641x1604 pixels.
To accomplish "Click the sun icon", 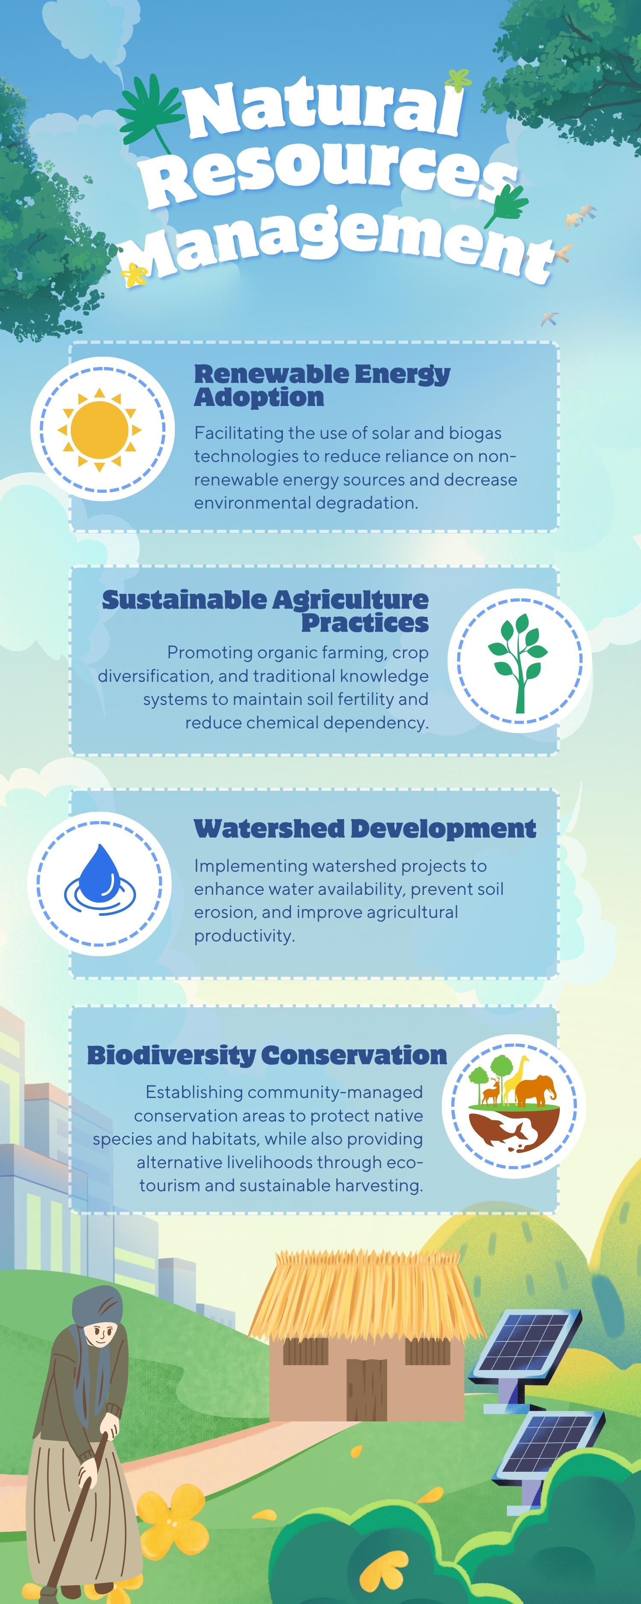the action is tap(100, 429).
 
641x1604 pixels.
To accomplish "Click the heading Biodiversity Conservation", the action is tap(267, 1055).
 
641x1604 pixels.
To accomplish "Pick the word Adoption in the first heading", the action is tap(259, 397).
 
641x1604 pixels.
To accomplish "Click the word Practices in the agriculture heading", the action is tap(365, 623).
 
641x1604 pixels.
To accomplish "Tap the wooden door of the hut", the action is tap(367, 1389).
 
